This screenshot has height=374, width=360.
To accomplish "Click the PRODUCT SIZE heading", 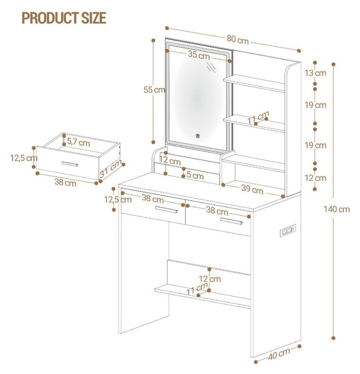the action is [x=64, y=18].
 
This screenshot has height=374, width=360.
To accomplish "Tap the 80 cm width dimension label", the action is [x=237, y=40].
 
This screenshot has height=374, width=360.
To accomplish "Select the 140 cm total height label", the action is [x=336, y=209].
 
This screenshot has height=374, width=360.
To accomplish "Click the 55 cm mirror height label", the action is [x=154, y=90].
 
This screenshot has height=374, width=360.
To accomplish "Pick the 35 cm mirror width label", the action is [x=199, y=55].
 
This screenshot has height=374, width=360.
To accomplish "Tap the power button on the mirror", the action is [x=197, y=136].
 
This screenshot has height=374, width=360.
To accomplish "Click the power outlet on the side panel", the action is [x=288, y=231].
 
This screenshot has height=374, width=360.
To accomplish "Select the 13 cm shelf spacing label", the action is [x=315, y=73].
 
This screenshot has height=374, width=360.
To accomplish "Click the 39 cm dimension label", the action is [x=252, y=189].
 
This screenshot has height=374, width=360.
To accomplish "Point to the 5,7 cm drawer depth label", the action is [x=78, y=142].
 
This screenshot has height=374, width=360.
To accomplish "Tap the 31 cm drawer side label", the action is [x=110, y=170].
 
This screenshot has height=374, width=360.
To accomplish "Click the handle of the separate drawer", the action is [x=70, y=164].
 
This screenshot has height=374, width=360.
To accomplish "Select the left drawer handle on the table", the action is [x=166, y=209].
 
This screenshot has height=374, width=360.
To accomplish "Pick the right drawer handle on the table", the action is [x=231, y=221].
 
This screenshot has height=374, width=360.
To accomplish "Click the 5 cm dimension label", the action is [x=195, y=176].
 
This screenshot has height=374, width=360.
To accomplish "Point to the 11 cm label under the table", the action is [x=197, y=289].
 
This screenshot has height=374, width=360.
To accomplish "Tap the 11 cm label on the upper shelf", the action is [x=258, y=118].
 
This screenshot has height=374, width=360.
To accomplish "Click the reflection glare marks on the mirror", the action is [x=211, y=67].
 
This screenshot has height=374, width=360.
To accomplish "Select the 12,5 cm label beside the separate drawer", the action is [x=24, y=158].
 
